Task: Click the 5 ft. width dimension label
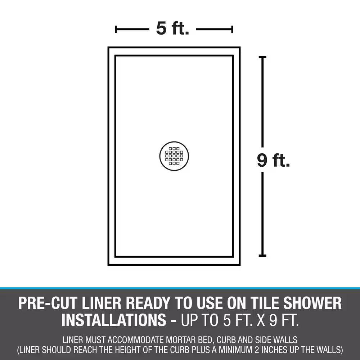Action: point(172,28)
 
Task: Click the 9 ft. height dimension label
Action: point(273,160)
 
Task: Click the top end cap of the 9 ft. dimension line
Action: point(262,57)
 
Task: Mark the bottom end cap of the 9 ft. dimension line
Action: point(262,256)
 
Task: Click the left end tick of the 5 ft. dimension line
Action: point(116,29)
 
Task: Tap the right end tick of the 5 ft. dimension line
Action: point(232,29)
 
